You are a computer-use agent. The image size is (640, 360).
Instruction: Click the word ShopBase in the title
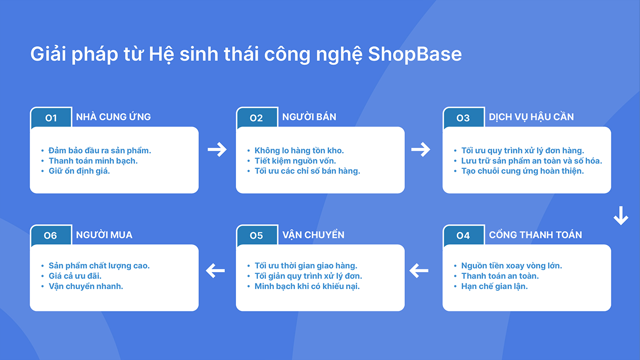point(414,54)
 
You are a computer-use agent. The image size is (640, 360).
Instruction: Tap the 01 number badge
point(51,118)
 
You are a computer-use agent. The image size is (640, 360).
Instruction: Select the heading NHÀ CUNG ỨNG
point(113,117)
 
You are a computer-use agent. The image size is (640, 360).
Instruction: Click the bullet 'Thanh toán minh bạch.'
point(92,160)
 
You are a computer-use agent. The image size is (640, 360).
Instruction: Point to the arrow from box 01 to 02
point(217,149)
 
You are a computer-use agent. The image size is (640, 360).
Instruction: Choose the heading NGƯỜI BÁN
point(309,117)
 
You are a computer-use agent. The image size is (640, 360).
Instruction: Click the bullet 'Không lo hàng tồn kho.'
point(299,150)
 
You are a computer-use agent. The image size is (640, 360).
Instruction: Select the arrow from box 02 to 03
point(420,149)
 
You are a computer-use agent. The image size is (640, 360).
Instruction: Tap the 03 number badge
point(463,118)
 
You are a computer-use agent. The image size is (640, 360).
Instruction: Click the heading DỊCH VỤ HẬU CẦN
point(531,117)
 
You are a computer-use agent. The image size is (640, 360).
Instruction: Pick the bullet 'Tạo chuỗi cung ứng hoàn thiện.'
point(522,171)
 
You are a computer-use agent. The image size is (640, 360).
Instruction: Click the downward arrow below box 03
point(620,215)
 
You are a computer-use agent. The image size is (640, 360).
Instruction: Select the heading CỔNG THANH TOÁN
point(535,235)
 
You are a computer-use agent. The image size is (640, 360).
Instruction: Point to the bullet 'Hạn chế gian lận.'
point(494,286)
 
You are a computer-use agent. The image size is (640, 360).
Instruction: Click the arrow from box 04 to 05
point(419,271)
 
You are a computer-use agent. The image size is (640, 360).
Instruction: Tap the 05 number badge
point(256,235)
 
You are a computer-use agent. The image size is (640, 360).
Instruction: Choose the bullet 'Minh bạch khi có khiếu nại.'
point(307,286)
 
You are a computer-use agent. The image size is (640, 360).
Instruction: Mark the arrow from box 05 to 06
point(215,271)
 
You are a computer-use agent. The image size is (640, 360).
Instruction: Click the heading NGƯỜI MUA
point(104,235)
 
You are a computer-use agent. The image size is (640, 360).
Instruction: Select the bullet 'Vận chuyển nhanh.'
point(85,286)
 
